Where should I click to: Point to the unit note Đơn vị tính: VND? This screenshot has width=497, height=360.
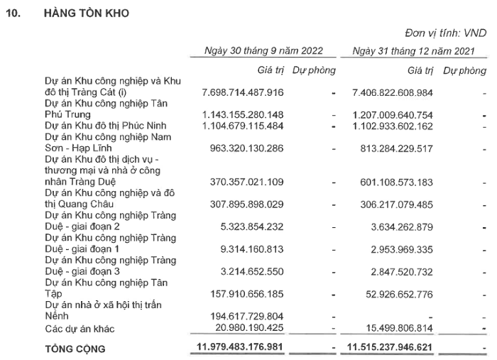[446, 33]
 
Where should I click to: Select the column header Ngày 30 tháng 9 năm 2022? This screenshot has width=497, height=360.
[263, 51]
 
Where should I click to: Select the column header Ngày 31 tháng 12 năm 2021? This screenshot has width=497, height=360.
[415, 51]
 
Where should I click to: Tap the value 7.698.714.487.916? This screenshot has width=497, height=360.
[243, 92]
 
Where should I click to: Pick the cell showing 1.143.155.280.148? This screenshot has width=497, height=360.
[243, 115]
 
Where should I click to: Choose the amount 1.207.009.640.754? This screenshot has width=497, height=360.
[393, 115]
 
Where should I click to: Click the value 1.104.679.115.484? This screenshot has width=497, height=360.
[243, 126]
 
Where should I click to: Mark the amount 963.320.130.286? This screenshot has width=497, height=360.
[246, 149]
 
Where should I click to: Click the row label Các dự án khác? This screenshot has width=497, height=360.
[80, 329]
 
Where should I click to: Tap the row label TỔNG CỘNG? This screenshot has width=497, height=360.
[75, 349]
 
